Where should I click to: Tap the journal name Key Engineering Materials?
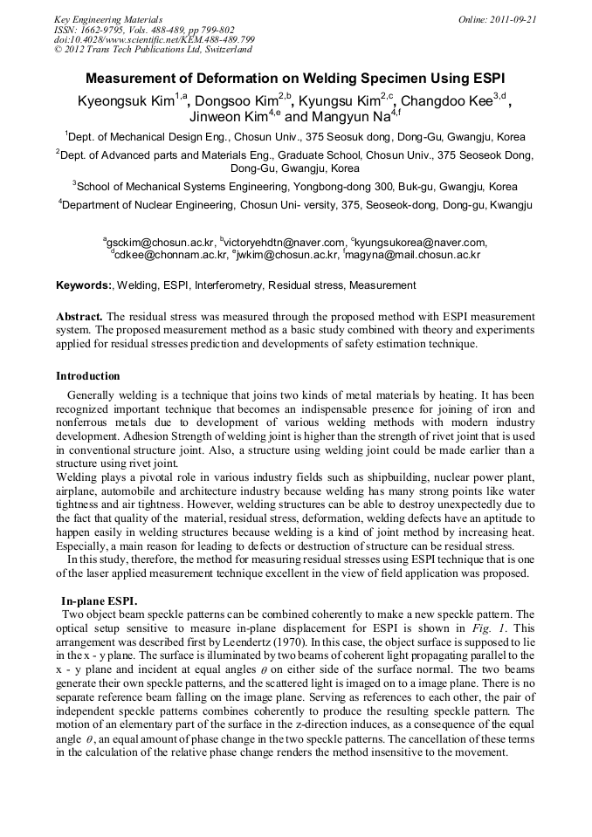point(108,18)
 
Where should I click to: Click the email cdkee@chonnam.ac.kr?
point(169,255)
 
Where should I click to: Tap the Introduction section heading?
point(88,376)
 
